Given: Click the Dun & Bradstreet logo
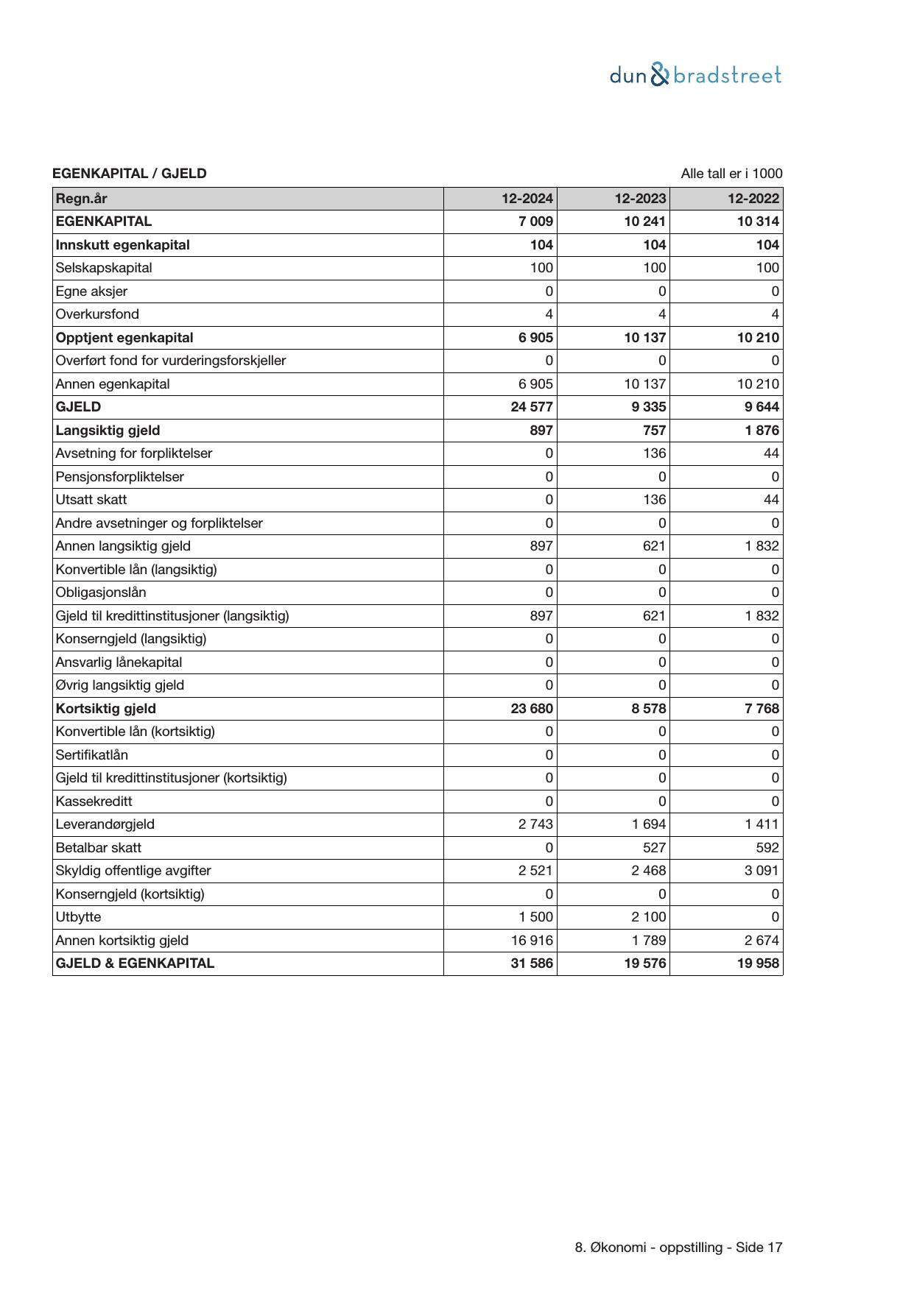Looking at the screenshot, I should pos(695,75).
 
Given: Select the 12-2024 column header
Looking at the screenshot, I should pos(527,199).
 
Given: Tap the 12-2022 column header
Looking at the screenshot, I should pos(753,199).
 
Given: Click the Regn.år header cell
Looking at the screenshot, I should pos(82,199).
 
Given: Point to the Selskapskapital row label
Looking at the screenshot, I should pos(104,268).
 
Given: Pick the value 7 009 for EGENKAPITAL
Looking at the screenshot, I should pos(535,222).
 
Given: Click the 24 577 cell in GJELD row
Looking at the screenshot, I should pos(532,407).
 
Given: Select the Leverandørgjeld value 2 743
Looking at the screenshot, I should pos(535,824).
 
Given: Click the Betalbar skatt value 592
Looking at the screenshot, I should pos(767,848).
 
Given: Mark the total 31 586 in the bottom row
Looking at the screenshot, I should pos(532,963).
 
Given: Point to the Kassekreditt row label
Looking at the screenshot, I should pos(94,802).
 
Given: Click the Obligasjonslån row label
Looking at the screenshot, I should pos(101,593).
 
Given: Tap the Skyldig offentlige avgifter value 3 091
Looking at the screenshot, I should pos(762,871).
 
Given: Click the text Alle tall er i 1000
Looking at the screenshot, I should pos(731,174).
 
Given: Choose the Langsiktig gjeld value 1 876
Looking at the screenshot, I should pos(762,431).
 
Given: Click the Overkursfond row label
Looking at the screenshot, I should pos(97,314).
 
